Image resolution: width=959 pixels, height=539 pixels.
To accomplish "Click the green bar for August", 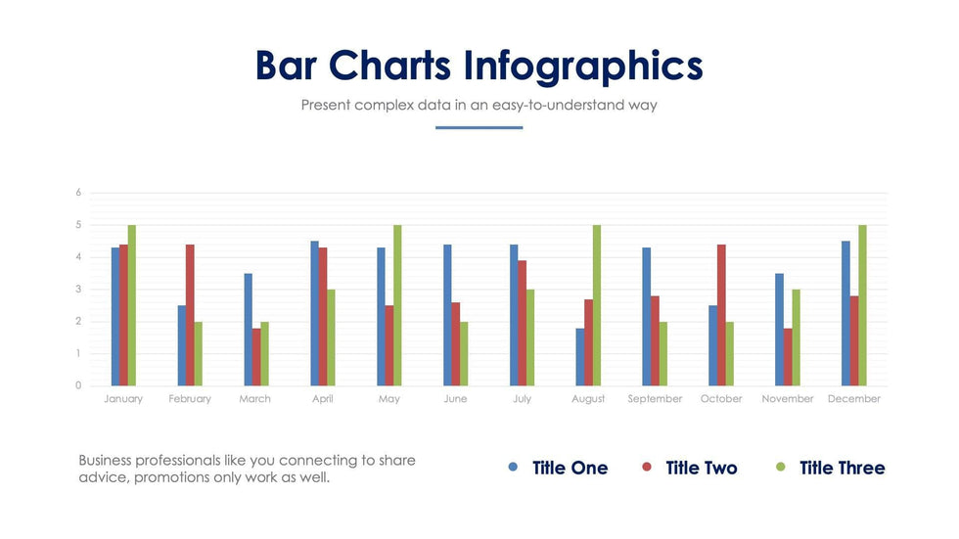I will pyautogui.click(x=596, y=305).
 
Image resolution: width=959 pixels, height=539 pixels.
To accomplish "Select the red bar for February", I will pyautogui.click(x=190, y=315).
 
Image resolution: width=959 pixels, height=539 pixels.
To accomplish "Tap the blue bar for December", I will pyautogui.click(x=845, y=313).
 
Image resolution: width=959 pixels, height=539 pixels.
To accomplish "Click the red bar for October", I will pyautogui.click(x=721, y=315).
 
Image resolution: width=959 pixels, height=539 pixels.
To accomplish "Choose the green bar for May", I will pyautogui.click(x=397, y=305).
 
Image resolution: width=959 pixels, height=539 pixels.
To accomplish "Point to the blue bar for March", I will pyautogui.click(x=249, y=330).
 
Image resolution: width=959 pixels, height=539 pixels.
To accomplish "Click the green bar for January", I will pyautogui.click(x=132, y=305).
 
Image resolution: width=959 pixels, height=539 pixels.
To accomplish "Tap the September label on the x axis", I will pyautogui.click(x=655, y=399).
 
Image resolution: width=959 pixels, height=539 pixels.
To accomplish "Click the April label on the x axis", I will pyautogui.click(x=322, y=399).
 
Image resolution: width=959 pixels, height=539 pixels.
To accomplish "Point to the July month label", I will pyautogui.click(x=522, y=399).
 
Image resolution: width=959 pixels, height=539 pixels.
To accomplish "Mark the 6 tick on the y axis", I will pyautogui.click(x=78, y=193).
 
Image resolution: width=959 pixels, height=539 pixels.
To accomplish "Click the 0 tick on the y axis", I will pyautogui.click(x=78, y=385).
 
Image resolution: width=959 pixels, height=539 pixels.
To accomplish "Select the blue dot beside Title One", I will pyautogui.click(x=514, y=468).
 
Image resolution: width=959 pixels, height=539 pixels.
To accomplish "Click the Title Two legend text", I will pyautogui.click(x=701, y=469).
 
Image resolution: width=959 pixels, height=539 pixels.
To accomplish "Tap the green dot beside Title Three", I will pyautogui.click(x=780, y=468).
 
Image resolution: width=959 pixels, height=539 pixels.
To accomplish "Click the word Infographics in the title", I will pyautogui.click(x=583, y=66).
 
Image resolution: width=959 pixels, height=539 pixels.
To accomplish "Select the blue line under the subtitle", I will pyautogui.click(x=479, y=127).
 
